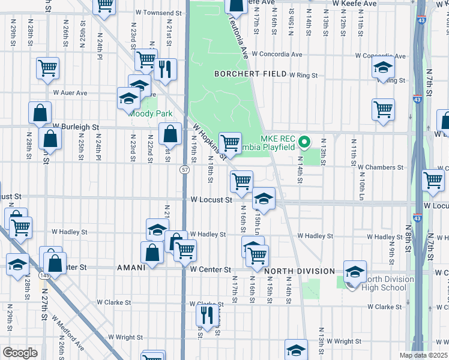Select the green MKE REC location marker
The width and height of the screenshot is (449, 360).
[x=304, y=142]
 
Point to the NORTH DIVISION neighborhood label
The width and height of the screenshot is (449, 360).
[x=299, y=271]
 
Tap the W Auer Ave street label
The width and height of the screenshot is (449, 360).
[x=70, y=93]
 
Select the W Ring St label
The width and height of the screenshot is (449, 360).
[x=303, y=76]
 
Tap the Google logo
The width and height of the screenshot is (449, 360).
[x=20, y=353]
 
